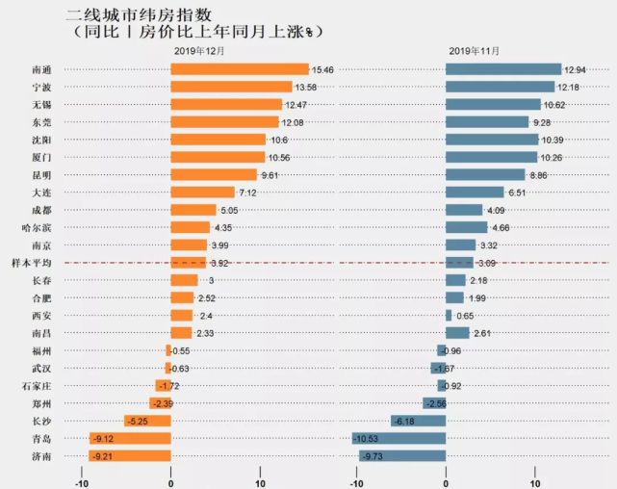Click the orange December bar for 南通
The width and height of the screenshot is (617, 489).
[x=239, y=69]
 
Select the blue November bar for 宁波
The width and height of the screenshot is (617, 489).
[x=500, y=87]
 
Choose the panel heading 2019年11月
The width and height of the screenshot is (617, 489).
[x=475, y=50]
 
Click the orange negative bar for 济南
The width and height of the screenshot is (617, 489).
[x=130, y=455]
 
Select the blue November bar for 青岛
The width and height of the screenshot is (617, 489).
[x=399, y=438]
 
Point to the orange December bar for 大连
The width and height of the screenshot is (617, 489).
[x=202, y=193]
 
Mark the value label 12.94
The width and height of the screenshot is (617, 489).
[x=577, y=69]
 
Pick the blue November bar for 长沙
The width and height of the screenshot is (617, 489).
[x=418, y=421]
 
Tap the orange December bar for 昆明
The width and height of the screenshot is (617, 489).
[x=214, y=174]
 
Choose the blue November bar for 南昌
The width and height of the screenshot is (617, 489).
[x=457, y=332]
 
